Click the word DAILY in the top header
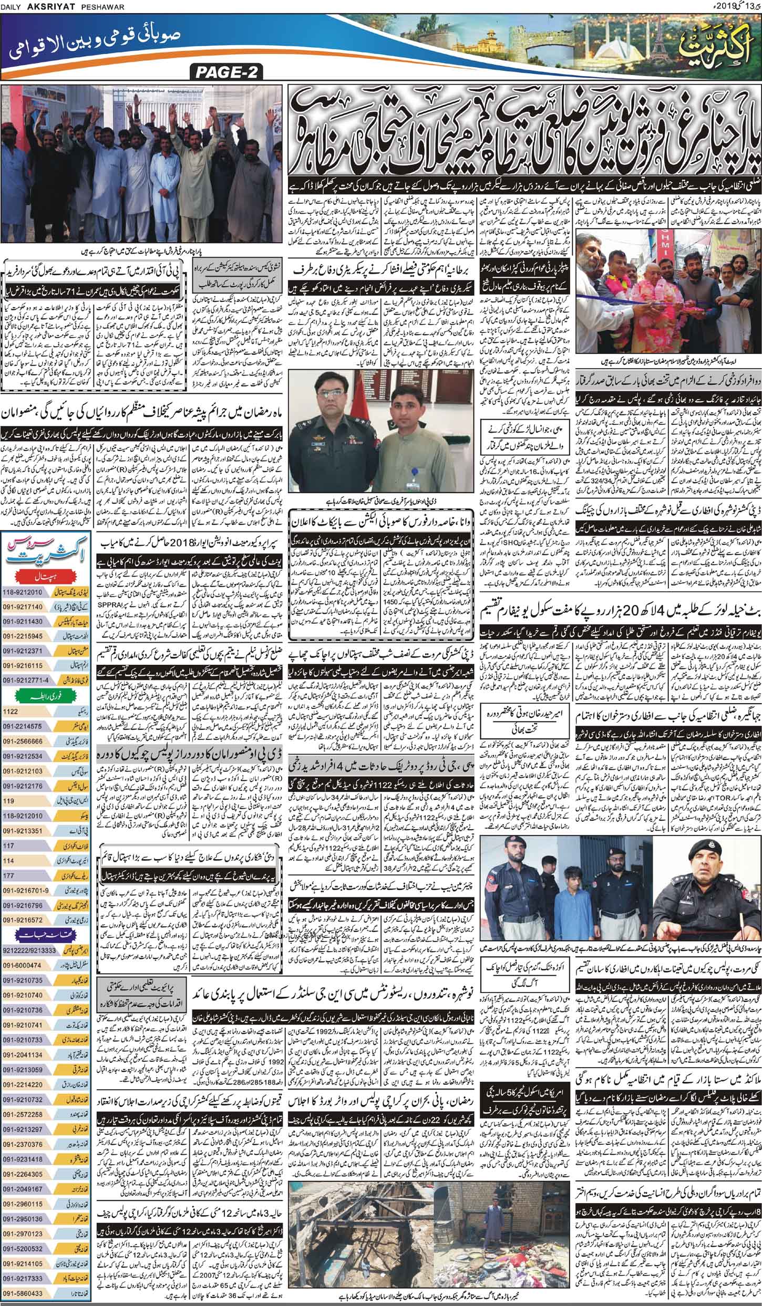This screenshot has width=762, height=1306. click(16, 4)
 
